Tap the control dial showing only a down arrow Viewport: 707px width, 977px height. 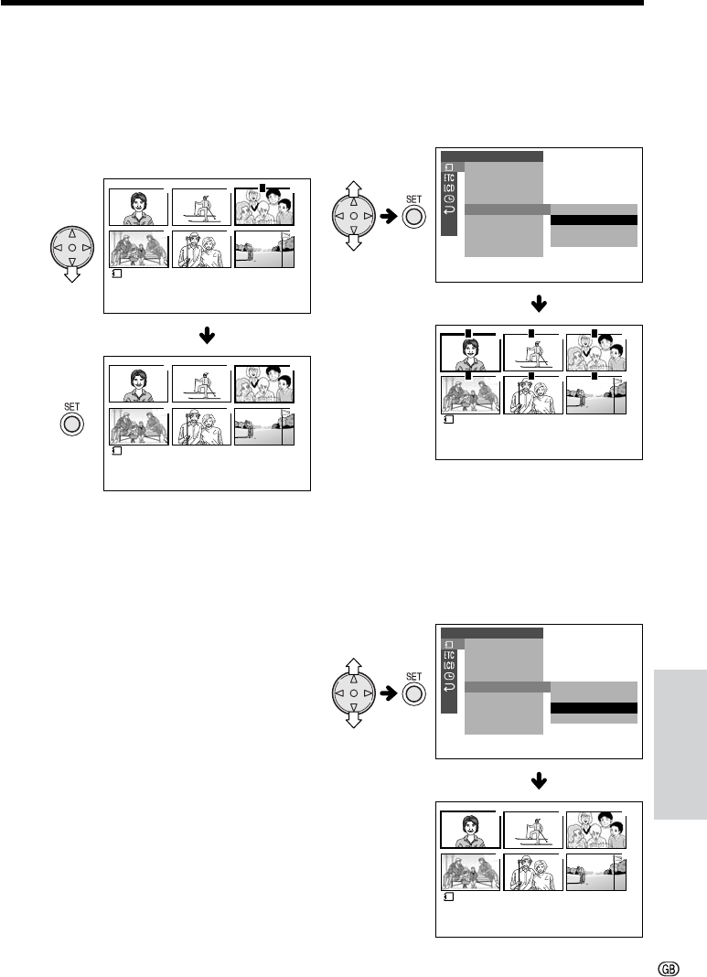[72, 253]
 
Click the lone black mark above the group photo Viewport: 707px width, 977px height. [262, 187]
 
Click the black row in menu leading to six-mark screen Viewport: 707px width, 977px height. [593, 220]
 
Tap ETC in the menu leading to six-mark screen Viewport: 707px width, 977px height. [448, 178]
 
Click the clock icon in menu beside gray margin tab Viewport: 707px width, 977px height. [448, 677]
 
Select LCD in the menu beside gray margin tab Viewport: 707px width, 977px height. [448, 665]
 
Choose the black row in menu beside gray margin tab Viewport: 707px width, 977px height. [593, 707]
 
